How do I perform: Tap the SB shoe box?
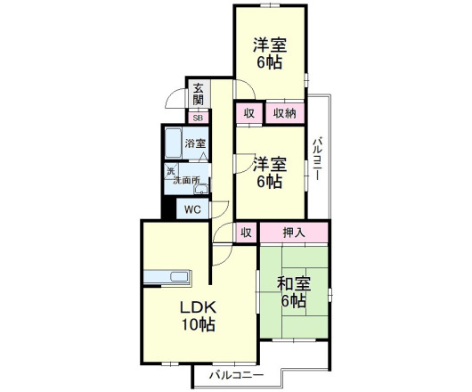[197, 117]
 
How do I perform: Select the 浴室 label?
[195, 143]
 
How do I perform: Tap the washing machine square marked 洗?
[170, 170]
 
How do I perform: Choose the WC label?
[191, 209]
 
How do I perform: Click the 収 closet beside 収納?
[248, 113]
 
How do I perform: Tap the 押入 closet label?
[294, 233]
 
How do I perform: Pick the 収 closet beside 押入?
[247, 233]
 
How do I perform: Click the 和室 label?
[293, 284]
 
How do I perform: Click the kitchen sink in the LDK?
[164, 275]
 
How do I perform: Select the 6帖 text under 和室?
[293, 302]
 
